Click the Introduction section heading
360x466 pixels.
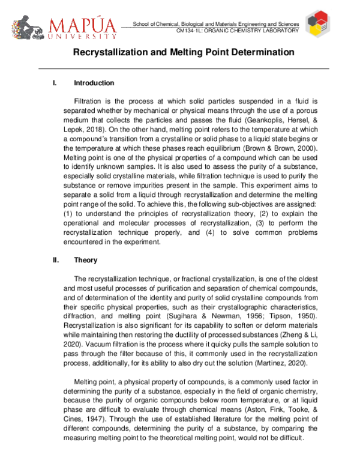tap(94, 83)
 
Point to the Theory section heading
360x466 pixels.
tap(85, 261)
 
